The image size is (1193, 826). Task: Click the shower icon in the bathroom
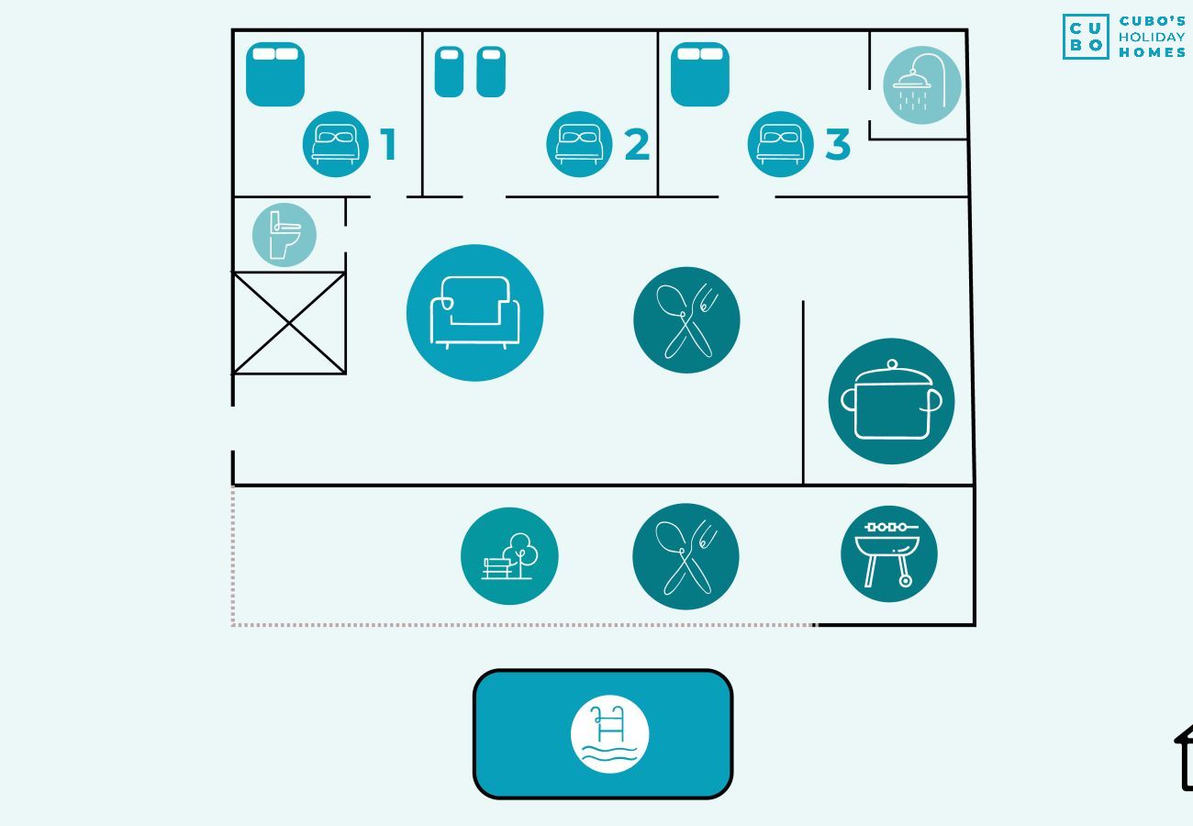point(921,84)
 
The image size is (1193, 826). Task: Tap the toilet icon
point(284,235)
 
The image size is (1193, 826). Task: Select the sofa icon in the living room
point(474,313)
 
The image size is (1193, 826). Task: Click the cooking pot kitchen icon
point(891,401)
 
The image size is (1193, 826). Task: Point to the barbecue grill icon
point(888,554)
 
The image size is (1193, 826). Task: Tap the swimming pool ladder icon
point(609,734)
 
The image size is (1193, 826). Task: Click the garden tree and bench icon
point(509,556)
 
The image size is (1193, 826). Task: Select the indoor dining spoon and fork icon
point(686,320)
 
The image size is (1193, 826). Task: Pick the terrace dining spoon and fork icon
point(686,556)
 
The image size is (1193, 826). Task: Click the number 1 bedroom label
point(389,145)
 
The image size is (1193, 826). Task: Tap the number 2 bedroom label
point(636,145)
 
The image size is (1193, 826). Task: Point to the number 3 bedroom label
point(837,145)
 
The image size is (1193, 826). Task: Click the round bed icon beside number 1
point(335,144)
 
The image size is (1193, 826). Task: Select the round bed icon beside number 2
point(579,144)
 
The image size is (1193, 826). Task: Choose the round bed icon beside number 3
point(780,144)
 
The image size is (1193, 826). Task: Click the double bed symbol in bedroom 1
point(275,74)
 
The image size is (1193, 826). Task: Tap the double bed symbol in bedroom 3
point(700,74)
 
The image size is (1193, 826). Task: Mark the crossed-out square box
point(289,323)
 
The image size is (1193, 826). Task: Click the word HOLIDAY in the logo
point(1152,37)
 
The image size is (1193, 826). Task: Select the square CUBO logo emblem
point(1086,37)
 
